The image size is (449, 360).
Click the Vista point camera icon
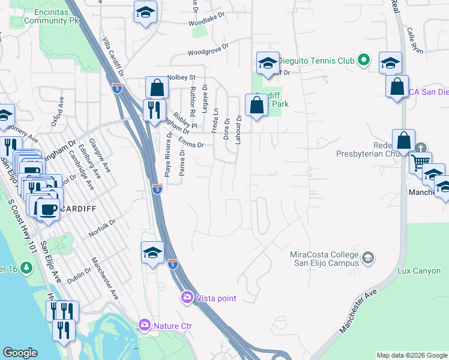(187, 298)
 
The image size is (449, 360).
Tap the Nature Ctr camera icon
(145, 325)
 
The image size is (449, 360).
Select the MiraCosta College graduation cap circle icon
(368, 258)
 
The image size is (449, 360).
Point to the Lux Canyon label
(419, 271)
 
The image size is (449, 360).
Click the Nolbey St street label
(182, 77)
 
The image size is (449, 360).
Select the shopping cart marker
(420, 161)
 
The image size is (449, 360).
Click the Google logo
(20, 353)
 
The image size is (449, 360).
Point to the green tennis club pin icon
(363, 60)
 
